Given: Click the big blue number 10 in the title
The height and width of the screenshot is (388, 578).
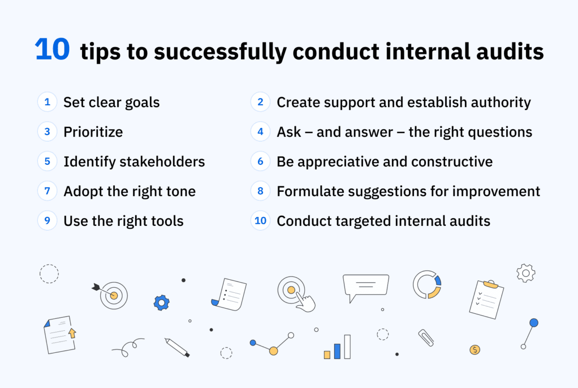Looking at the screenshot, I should [x=52, y=51].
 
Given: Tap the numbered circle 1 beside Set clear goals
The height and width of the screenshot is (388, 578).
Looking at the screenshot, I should [x=47, y=102].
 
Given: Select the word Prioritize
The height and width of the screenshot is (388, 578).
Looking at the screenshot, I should [x=93, y=132].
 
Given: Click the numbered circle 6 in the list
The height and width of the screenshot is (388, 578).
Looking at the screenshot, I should [x=260, y=162].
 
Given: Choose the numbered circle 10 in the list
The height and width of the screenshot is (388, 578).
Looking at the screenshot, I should [x=260, y=221].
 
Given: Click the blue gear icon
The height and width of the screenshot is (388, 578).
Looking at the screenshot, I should [x=161, y=302].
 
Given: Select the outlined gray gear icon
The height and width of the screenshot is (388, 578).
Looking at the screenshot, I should [x=525, y=273].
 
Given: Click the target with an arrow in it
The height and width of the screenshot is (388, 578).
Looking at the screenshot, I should [x=113, y=295].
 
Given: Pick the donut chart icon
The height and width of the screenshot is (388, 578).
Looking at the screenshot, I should [x=427, y=285].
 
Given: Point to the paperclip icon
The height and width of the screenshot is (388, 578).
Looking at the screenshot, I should [x=426, y=338].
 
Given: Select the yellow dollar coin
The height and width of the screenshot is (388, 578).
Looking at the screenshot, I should [x=474, y=349].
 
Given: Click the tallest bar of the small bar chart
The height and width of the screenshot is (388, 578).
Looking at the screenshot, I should [x=347, y=346].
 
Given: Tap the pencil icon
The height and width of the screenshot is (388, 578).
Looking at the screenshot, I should [x=177, y=347].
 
